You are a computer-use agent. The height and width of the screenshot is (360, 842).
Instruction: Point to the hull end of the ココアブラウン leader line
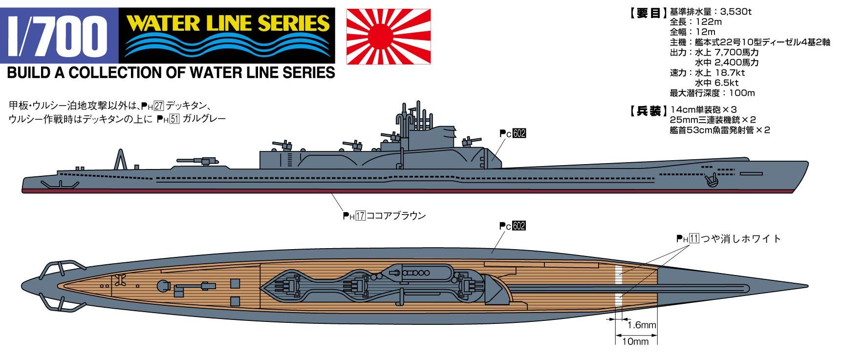(332, 193)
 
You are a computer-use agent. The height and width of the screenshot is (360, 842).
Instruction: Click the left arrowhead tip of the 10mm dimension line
(615, 336)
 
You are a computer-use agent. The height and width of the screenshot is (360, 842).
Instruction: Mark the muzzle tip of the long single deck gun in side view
(177, 160)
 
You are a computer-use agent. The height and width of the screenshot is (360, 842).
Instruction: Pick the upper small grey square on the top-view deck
(235, 283)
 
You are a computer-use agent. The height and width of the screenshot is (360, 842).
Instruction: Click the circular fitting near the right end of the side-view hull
(712, 179)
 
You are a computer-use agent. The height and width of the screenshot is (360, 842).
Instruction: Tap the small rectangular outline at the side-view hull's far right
(751, 173)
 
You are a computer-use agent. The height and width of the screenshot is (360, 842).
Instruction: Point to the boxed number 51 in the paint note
(174, 119)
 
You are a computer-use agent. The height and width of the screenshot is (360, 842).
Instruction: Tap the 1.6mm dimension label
(641, 325)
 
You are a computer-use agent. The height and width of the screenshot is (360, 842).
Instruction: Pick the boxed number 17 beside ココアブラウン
(361, 215)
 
